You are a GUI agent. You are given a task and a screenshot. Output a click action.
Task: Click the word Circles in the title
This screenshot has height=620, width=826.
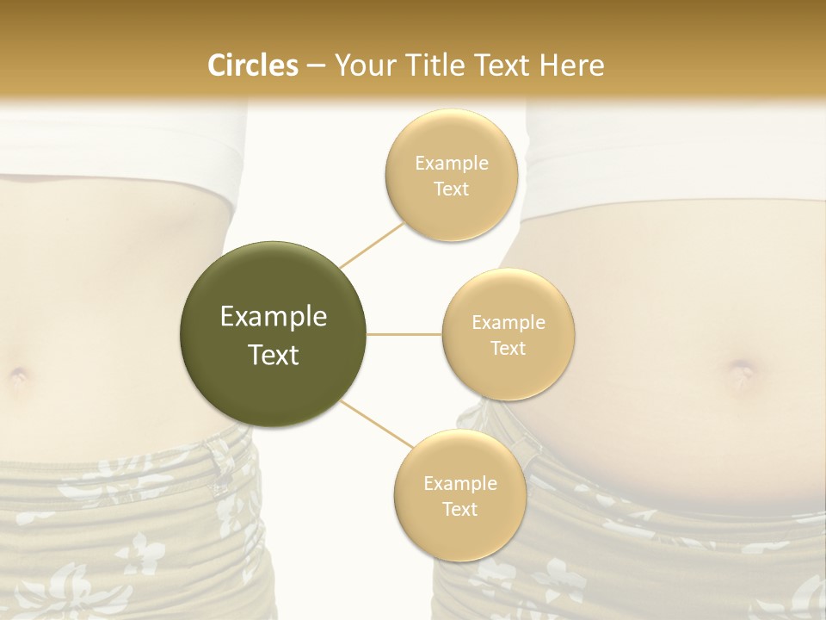click(252, 65)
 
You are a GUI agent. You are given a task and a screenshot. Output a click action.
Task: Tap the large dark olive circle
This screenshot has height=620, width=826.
click(273, 334)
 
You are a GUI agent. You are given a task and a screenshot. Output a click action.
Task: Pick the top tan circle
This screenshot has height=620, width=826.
click(451, 175)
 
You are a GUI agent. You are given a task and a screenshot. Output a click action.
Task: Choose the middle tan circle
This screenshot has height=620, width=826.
click(508, 334)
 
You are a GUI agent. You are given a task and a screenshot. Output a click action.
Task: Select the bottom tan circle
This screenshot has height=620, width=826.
click(459, 495)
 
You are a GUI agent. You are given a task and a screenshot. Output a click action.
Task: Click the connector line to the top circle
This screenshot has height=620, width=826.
click(373, 245)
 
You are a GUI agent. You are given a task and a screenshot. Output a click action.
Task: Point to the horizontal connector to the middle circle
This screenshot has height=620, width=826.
click(404, 334)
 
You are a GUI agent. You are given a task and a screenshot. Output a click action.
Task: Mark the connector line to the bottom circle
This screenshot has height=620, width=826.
click(376, 424)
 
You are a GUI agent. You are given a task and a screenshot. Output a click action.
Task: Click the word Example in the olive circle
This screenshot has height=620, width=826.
click(273, 317)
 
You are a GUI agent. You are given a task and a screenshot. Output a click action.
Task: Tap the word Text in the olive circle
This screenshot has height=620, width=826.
click(273, 355)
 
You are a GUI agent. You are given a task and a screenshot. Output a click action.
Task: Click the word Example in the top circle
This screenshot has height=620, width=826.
click(451, 163)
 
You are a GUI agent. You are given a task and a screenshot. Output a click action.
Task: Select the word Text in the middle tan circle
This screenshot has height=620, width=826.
click(508, 348)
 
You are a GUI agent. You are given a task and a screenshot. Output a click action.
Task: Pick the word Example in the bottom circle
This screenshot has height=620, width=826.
click(459, 483)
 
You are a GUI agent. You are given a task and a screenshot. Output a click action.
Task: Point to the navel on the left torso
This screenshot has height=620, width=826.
click(18, 375)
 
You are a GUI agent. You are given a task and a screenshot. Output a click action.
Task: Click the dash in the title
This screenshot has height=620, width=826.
click(315, 65)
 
